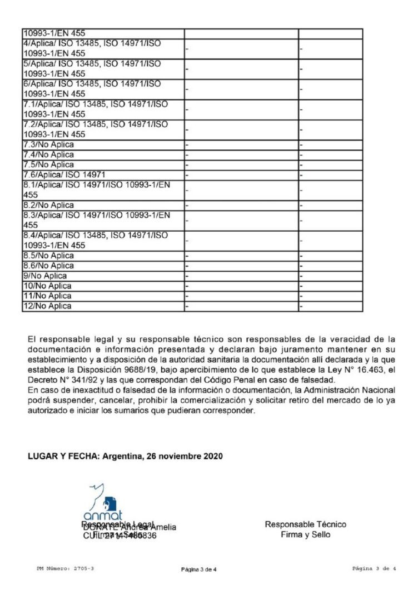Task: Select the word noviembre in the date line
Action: (x=178, y=456)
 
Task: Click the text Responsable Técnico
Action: (x=305, y=524)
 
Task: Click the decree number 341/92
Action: (x=77, y=379)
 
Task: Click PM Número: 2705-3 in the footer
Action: (x=61, y=569)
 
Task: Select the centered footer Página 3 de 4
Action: (x=202, y=569)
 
